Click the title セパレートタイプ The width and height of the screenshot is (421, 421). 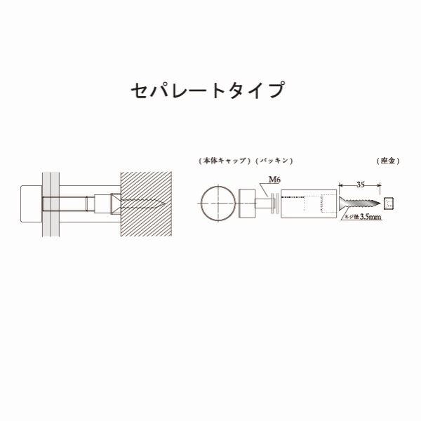[208, 90]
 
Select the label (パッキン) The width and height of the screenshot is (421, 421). [274, 161]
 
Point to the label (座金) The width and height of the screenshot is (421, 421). [388, 161]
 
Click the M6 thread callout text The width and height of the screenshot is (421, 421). [274, 180]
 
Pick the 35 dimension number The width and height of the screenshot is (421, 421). [361, 185]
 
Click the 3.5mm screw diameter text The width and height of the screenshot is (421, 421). [370, 217]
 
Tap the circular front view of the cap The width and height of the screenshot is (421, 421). [218, 203]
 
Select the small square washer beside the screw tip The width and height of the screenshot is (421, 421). [389, 203]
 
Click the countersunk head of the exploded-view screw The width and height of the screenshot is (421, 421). [342, 203]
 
